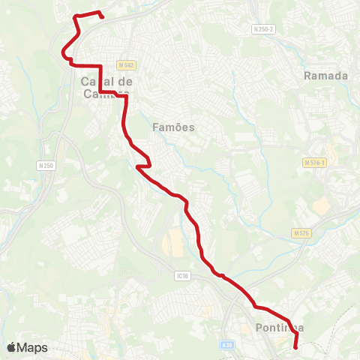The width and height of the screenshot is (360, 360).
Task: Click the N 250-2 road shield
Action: (x=263, y=28)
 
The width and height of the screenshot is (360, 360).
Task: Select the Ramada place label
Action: (x=326, y=76)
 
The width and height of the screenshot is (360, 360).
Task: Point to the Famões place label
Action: (x=173, y=127)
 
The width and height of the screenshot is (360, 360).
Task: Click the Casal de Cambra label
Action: (x=106, y=86)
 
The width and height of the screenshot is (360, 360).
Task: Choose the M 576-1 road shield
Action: (x=315, y=162)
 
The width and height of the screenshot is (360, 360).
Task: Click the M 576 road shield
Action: (x=301, y=233)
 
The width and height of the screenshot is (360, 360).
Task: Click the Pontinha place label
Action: (x=279, y=328)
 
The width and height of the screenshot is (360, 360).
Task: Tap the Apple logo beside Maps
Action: (x=12, y=348)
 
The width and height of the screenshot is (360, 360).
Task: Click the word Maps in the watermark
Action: (x=33, y=348)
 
